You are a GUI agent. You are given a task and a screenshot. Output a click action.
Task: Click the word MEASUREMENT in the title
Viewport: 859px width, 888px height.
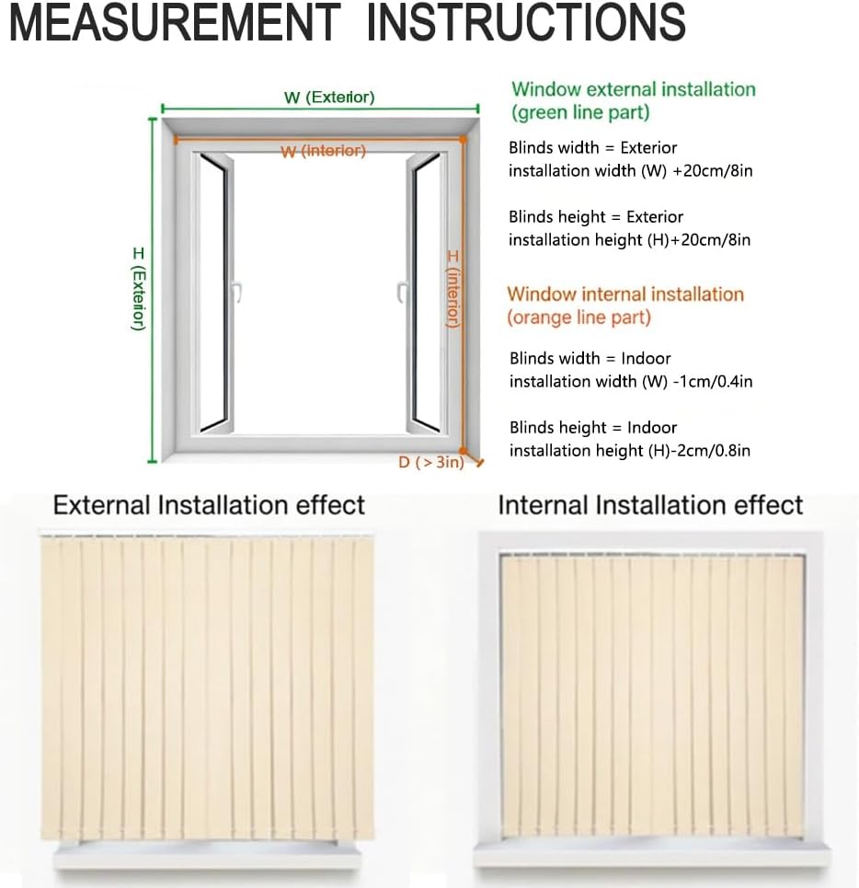point(175,22)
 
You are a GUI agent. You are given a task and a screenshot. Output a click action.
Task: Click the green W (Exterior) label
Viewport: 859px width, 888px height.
point(328,98)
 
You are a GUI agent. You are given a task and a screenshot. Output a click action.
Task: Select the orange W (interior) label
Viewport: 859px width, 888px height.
point(323,151)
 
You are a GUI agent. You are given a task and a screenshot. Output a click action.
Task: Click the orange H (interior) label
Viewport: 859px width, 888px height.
point(452,288)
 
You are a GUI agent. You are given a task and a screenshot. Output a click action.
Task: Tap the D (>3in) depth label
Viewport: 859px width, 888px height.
point(430,463)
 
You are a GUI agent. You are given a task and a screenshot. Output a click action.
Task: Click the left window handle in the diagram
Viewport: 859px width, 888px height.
point(236,293)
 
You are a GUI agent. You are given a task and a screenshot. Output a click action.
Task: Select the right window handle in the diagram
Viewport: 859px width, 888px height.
point(402,293)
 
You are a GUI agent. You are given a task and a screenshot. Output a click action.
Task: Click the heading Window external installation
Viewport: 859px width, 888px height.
point(633,90)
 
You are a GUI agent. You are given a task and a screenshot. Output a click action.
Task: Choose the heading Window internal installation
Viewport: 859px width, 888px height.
point(625,294)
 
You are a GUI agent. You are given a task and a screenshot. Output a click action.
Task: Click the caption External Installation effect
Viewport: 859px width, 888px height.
point(209,505)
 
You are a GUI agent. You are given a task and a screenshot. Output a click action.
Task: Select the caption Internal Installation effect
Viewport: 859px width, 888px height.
point(650,505)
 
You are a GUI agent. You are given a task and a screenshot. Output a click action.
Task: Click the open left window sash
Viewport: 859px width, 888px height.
point(213,293)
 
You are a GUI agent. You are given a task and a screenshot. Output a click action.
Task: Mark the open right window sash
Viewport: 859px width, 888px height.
point(426,293)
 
